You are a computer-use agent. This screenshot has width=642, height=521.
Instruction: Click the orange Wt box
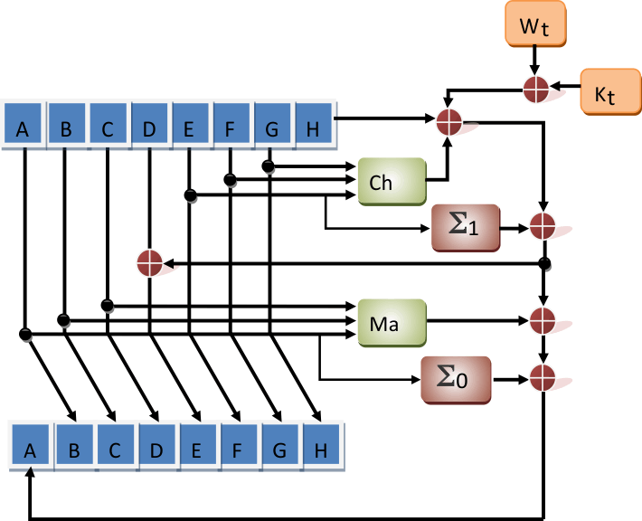[534, 26]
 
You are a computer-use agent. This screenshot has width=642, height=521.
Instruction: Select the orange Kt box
[609, 92]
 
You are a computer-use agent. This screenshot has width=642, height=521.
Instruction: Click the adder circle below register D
[149, 262]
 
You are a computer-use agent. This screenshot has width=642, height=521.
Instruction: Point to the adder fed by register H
[449, 120]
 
